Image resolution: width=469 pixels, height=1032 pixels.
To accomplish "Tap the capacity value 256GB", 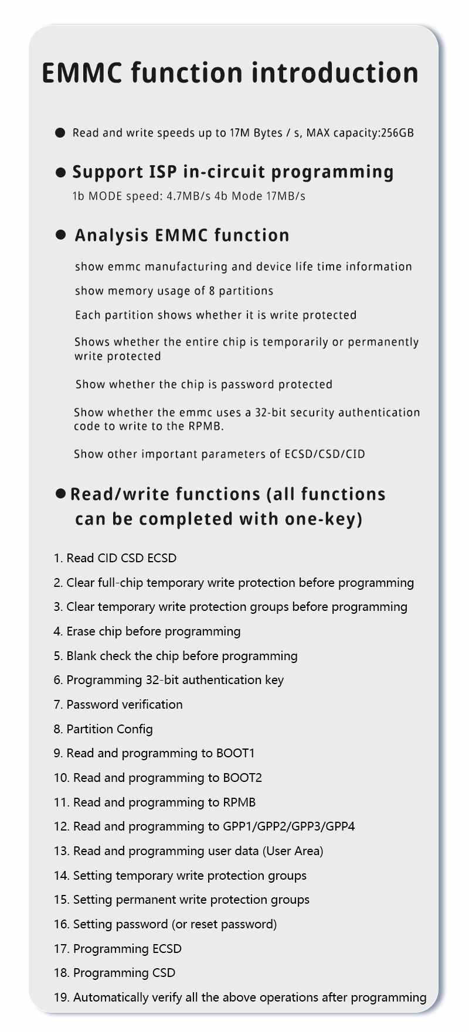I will click(x=397, y=133).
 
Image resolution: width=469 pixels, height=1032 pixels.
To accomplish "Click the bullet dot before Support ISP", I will click(x=60, y=172).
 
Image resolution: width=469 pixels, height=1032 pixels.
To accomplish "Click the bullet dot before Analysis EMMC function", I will click(x=60, y=235).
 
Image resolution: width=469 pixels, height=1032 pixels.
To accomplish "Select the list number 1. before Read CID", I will click(x=58, y=558).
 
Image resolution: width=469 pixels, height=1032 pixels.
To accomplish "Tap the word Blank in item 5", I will click(x=81, y=656).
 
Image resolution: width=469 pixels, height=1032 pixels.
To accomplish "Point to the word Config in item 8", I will click(x=134, y=729).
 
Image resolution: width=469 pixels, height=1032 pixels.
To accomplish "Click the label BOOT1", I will click(x=236, y=753).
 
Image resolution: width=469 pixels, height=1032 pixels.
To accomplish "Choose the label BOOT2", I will click(x=242, y=778).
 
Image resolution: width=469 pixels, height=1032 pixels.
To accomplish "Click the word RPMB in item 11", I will click(x=239, y=802).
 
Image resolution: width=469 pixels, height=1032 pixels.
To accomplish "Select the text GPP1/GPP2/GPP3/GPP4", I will click(x=288, y=826).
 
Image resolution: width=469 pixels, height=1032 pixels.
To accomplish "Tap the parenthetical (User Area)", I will click(x=293, y=851).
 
